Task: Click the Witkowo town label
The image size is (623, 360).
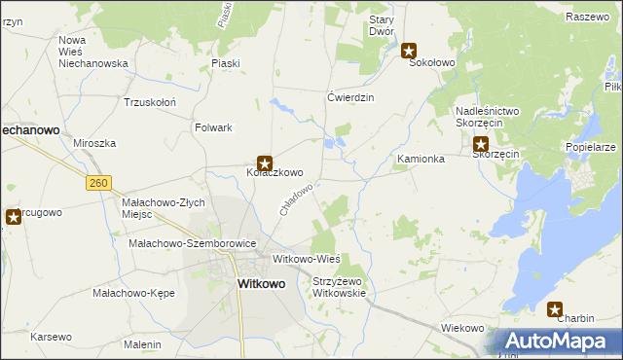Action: [x=262, y=284]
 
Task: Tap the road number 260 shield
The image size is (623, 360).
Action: [x=97, y=182]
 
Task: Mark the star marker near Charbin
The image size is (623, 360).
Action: [x=555, y=310]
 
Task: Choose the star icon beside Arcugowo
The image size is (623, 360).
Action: [x=14, y=217]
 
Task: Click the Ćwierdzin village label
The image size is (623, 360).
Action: [x=350, y=97]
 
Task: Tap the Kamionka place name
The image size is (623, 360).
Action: [x=421, y=158]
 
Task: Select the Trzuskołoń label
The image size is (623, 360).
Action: [x=149, y=101]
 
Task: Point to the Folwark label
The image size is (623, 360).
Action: [x=213, y=127]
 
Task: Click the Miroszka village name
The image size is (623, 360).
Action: [x=94, y=143]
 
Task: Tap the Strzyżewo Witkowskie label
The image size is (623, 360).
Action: [x=338, y=287]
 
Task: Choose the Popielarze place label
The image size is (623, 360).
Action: [x=590, y=147]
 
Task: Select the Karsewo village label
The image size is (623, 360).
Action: [x=52, y=337]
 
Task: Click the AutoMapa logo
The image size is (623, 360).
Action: [x=557, y=342]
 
